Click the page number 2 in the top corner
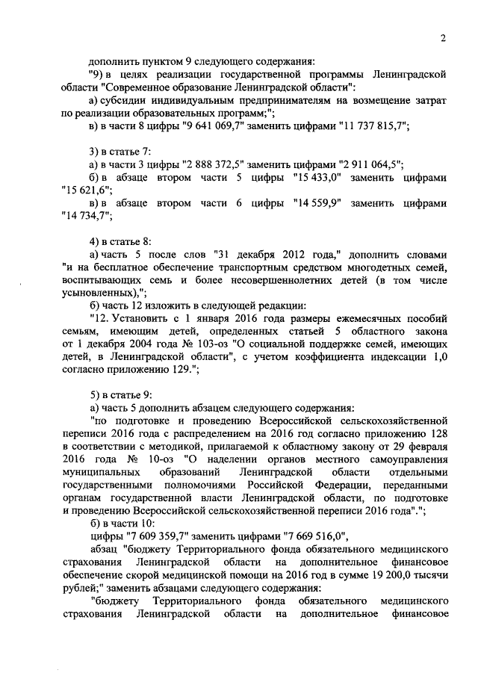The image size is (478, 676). [x=443, y=38]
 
